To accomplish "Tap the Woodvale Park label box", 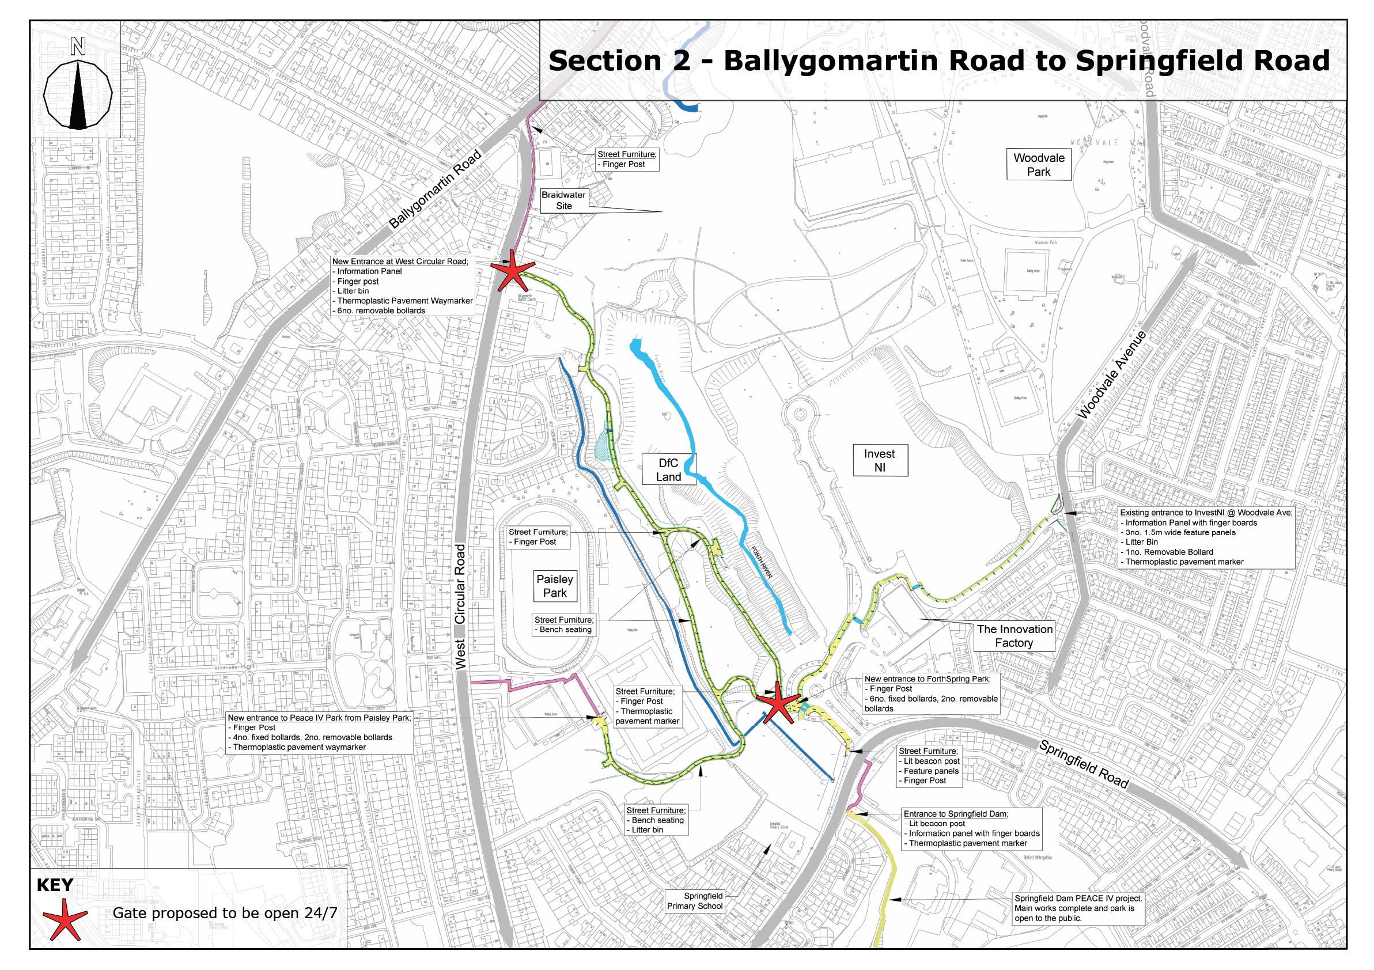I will point(1038,165).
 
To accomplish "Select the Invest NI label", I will point(880,460).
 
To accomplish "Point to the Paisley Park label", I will point(555,586).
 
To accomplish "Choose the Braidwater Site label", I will point(564,200).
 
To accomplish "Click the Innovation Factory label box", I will point(1015,635).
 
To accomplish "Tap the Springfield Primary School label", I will point(695,900).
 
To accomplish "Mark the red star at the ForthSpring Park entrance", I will point(778,703).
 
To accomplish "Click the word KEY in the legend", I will point(55,885).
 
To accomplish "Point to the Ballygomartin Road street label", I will point(435,188).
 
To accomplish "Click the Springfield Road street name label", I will point(1083,764).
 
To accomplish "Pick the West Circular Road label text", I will point(460,605).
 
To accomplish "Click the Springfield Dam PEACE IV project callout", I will point(1078,908).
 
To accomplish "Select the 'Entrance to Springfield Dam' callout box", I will point(972,828).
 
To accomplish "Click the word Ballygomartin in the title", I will point(830,62).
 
